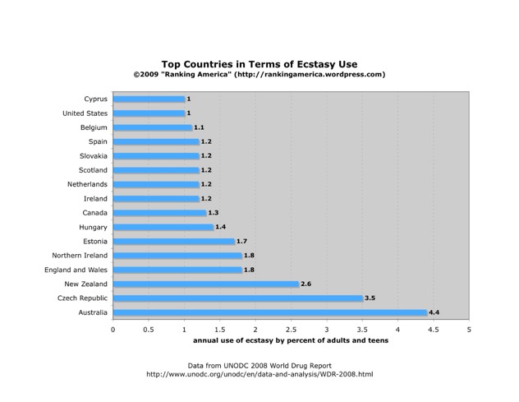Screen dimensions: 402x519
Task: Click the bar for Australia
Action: (x=270, y=312)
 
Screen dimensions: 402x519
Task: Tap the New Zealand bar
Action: (x=206, y=284)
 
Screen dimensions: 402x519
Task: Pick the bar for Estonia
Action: (x=174, y=242)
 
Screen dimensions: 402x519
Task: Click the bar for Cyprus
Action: (x=149, y=99)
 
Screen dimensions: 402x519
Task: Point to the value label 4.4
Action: (x=434, y=312)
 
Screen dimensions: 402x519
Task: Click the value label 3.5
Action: (x=370, y=298)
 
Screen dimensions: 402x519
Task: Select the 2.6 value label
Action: (x=306, y=284)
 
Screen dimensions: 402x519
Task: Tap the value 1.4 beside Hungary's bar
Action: (x=221, y=227)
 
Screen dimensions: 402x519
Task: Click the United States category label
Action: (x=85, y=113)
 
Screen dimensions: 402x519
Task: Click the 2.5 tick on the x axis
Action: (x=291, y=329)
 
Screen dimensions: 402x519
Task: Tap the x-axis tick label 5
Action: (x=469, y=329)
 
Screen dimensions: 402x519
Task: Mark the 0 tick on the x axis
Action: (x=113, y=329)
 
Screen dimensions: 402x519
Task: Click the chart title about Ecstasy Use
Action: (x=259, y=63)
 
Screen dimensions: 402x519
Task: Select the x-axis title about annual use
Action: (x=291, y=340)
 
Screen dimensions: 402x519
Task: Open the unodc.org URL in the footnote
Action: (x=259, y=375)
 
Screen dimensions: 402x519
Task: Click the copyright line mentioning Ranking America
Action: (x=259, y=74)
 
